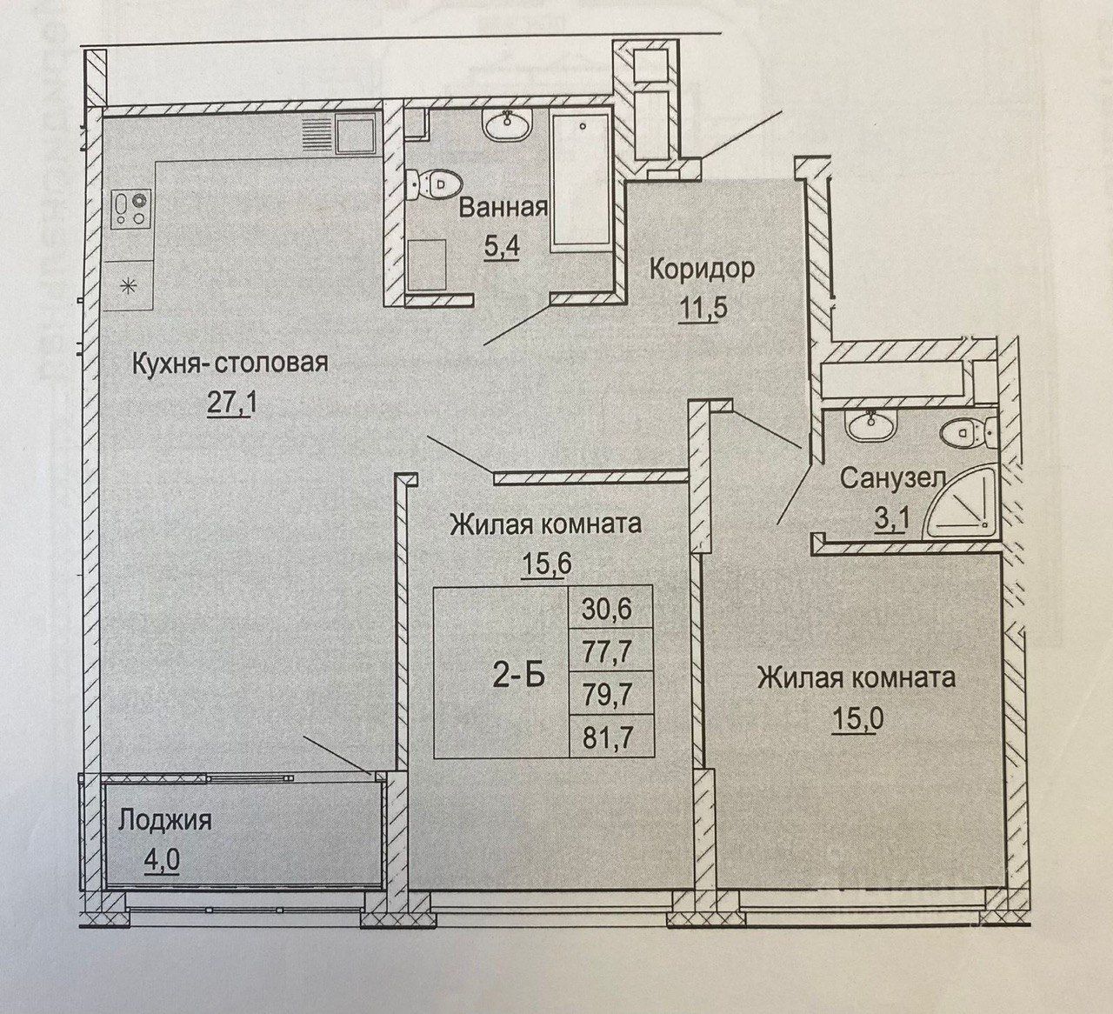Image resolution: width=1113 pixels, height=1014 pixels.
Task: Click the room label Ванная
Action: point(503,209)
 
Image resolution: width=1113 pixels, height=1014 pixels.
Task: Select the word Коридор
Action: point(701,269)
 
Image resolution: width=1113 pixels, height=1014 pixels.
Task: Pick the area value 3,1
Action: point(885,519)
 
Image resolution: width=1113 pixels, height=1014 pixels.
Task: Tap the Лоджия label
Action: point(165,819)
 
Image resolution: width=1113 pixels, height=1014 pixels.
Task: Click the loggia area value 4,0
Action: point(163,863)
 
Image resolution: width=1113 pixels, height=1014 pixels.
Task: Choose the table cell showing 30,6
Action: point(610,606)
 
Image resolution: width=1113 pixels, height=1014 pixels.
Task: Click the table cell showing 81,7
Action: point(610,738)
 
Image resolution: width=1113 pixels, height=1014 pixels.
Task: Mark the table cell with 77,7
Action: point(610,650)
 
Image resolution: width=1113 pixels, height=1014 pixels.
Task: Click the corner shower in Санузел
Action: point(961,511)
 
